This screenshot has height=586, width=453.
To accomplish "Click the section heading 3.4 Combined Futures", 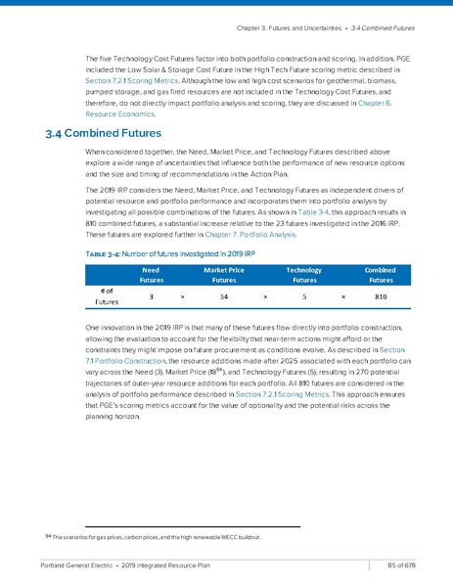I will coord(103,135).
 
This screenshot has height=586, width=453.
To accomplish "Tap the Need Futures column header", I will coord(151,272).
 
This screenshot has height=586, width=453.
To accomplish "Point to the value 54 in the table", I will coord(225,294).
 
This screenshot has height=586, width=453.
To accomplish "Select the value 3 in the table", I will coord(151,294).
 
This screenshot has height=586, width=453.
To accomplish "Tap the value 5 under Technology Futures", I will coord(304,294).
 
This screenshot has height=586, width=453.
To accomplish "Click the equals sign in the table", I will coord(343,294).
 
